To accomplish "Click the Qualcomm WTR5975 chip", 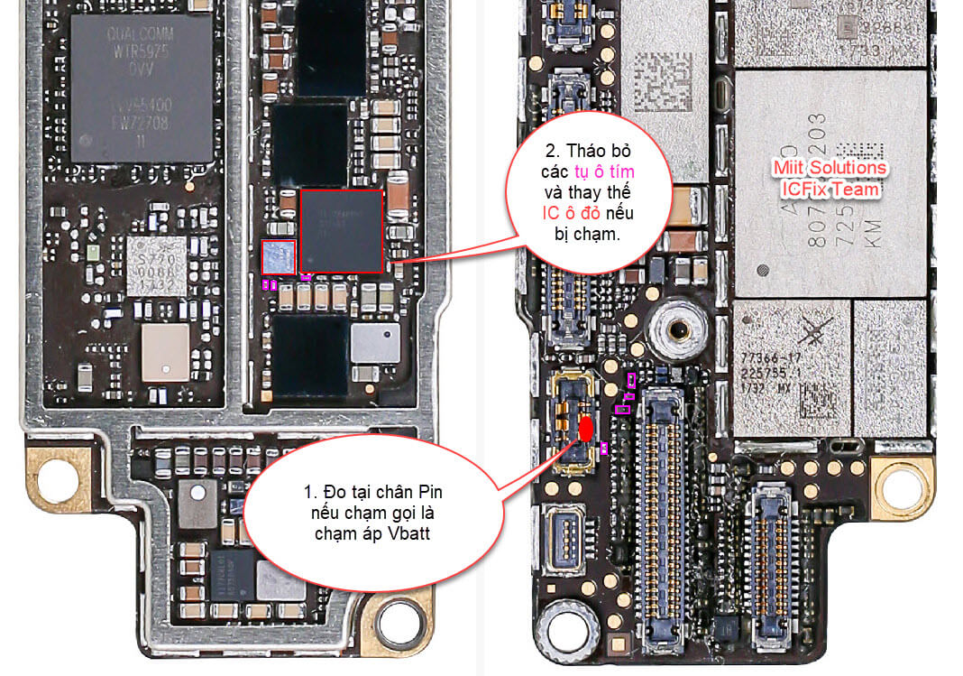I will click(x=142, y=88).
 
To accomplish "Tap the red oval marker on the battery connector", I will click(x=585, y=430).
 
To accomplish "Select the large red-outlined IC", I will click(x=342, y=231).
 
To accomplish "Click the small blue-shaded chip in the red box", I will click(x=278, y=257).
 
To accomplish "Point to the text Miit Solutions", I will click(x=830, y=169).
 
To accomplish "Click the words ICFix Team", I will click(x=830, y=190).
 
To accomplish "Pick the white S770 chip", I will click(x=156, y=265).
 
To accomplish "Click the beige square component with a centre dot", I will click(x=165, y=352).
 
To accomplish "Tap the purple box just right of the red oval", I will click(x=603, y=447).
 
